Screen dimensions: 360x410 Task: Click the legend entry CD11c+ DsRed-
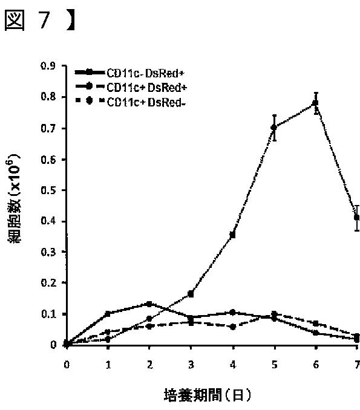[146, 102]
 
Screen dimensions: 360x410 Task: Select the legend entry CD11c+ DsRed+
[147, 88]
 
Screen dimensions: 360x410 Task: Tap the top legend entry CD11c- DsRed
[146, 73]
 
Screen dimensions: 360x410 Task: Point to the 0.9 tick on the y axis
[48, 66]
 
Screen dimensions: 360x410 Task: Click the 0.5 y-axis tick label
[48, 190]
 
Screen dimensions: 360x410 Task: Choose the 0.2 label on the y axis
[48, 282]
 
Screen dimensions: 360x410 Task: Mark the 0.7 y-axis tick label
[48, 128]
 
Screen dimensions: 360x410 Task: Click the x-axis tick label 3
[191, 365]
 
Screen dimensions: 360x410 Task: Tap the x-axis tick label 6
[316, 365]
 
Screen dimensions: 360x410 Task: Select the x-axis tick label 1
[108, 365]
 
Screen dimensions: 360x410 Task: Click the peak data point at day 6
[315, 103]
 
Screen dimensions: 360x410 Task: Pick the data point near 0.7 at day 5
[274, 128]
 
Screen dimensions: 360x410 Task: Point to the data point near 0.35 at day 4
[232, 235]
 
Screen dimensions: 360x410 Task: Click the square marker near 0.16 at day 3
[191, 294]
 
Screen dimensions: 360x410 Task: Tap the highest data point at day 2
[149, 304]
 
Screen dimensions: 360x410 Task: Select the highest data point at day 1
[108, 313]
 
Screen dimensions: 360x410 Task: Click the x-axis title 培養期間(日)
[207, 395]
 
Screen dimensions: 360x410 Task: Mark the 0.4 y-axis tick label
[48, 221]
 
